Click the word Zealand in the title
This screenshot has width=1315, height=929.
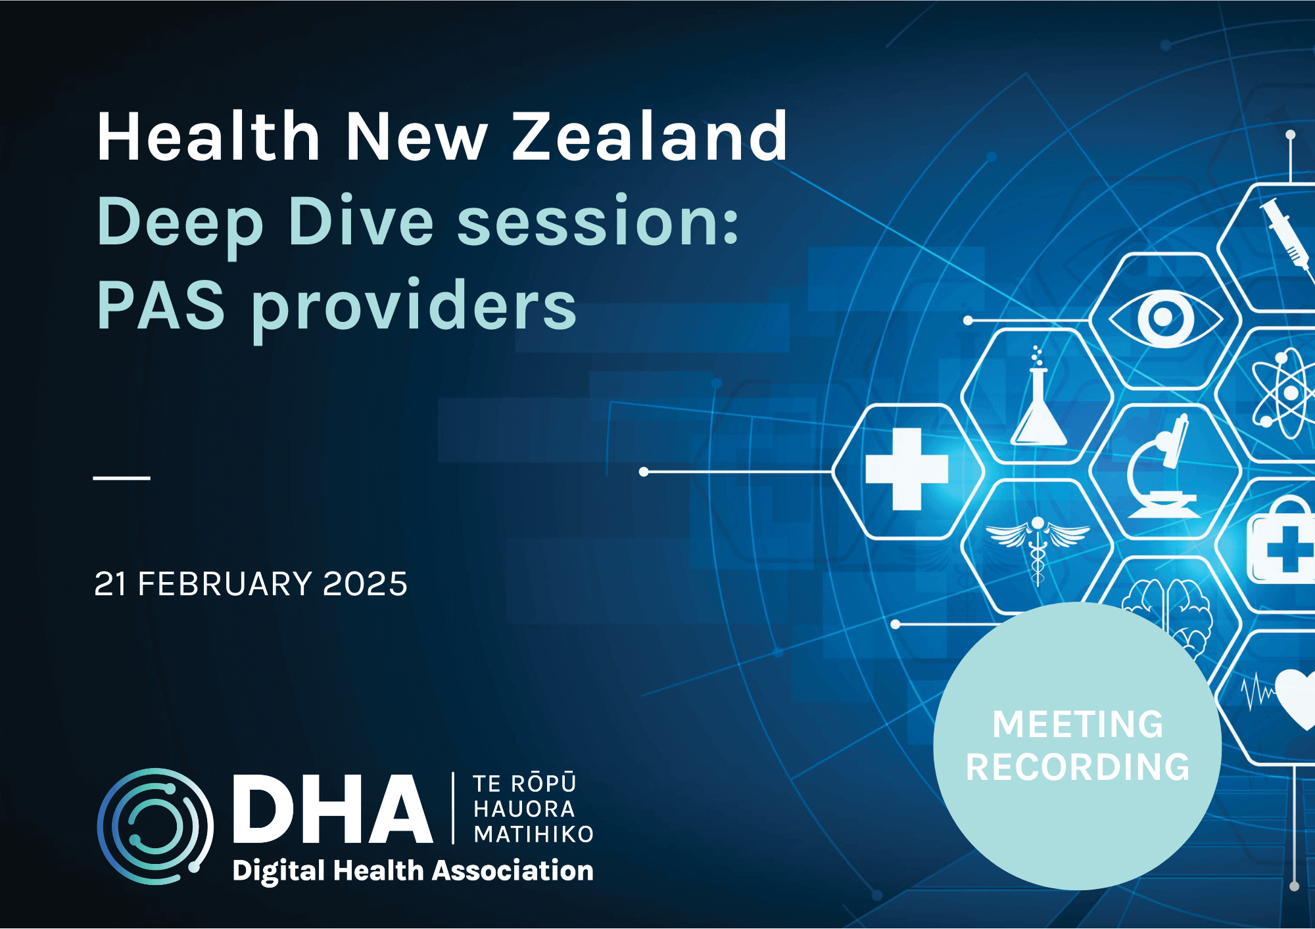pyautogui.click(x=650, y=136)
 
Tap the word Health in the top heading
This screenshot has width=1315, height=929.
pyautogui.click(x=208, y=136)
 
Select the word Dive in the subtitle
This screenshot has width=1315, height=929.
pyautogui.click(x=361, y=221)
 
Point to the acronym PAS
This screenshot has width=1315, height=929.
pyautogui.click(x=161, y=305)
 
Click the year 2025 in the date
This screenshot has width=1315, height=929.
pyautogui.click(x=365, y=584)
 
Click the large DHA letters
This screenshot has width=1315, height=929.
pyautogui.click(x=333, y=809)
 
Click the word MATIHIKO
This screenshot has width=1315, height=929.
pyautogui.click(x=534, y=834)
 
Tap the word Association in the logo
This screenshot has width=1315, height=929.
pyautogui.click(x=513, y=871)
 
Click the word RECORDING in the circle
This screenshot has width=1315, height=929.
pyautogui.click(x=1078, y=767)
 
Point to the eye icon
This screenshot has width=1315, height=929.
pyautogui.click(x=1165, y=318)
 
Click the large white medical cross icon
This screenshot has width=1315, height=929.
pyautogui.click(x=907, y=469)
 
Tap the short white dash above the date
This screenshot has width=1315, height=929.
pyautogui.click(x=122, y=478)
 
